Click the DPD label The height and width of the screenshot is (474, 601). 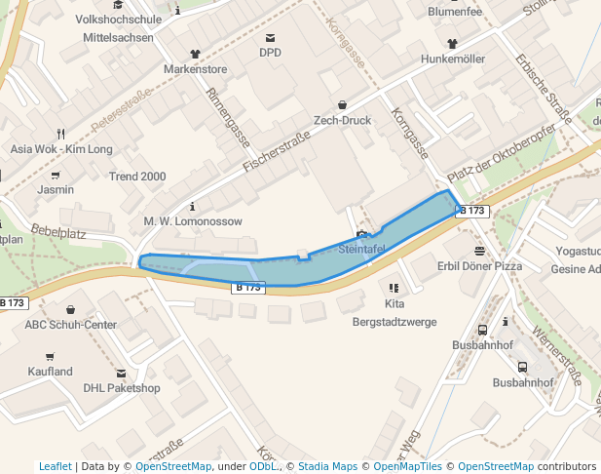pyautogui.click(x=270, y=53)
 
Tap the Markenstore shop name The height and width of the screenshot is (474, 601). pyautogui.click(x=195, y=69)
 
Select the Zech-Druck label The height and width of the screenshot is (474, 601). pyautogui.click(x=342, y=121)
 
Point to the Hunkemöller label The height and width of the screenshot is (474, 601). pyautogui.click(x=452, y=59)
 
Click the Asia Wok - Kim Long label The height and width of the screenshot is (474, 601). pyautogui.click(x=61, y=149)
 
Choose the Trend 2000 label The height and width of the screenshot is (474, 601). pyautogui.click(x=136, y=177)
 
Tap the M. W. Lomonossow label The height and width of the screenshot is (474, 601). pyautogui.click(x=193, y=221)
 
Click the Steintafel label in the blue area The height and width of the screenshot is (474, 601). pyautogui.click(x=362, y=250)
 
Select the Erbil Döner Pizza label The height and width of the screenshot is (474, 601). pyautogui.click(x=479, y=266)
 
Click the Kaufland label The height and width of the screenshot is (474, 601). pyautogui.click(x=50, y=372)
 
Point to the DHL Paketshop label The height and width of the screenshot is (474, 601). pyautogui.click(x=121, y=388)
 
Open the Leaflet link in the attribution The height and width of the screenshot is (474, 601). pyautogui.click(x=55, y=466)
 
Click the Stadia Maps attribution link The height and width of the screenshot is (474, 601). pyautogui.click(x=327, y=466)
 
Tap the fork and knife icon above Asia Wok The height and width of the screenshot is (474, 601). pyautogui.click(x=61, y=134)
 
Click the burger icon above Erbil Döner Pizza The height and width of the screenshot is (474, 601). pyautogui.click(x=479, y=251)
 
